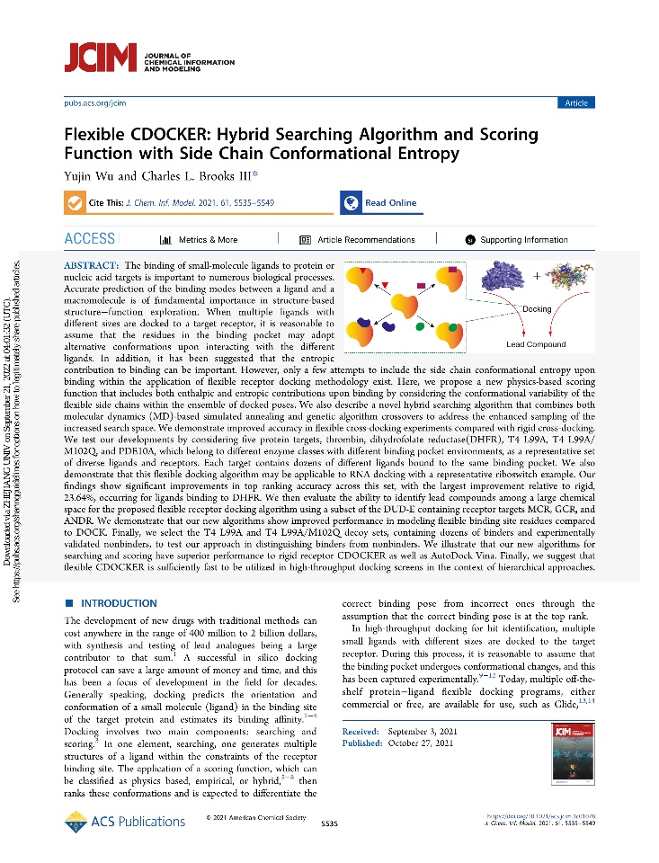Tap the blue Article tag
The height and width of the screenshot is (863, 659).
coord(575,103)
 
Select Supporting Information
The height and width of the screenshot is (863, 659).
coord(517,240)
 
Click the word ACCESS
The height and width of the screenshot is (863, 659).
coord(90,239)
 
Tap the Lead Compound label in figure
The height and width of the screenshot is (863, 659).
coord(536,344)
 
